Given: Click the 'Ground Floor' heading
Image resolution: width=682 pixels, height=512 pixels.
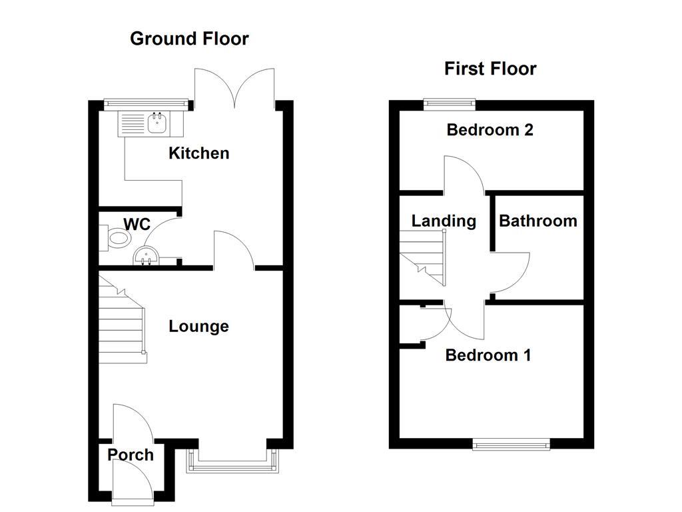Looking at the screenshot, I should (189, 39).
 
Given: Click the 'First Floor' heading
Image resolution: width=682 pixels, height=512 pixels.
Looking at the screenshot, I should (490, 69).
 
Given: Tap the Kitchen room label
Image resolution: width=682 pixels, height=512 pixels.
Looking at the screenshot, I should (198, 153).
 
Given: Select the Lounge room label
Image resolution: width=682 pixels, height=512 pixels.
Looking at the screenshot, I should (198, 326).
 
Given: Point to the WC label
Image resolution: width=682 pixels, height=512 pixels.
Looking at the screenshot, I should (137, 224).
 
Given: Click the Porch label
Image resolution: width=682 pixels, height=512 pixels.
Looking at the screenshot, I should (131, 455).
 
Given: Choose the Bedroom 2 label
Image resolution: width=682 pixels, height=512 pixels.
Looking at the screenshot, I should (490, 129).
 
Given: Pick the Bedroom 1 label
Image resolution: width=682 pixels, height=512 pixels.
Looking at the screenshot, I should (488, 355).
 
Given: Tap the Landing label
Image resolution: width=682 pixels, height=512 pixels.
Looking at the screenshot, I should (444, 221).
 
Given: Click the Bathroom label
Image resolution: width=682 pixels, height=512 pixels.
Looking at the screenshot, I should (538, 221).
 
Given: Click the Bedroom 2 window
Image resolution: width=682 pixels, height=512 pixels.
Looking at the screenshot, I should (450, 103).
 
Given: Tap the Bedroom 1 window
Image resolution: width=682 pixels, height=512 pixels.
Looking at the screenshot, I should (511, 443).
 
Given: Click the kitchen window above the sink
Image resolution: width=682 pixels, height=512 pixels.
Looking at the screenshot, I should (145, 103).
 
